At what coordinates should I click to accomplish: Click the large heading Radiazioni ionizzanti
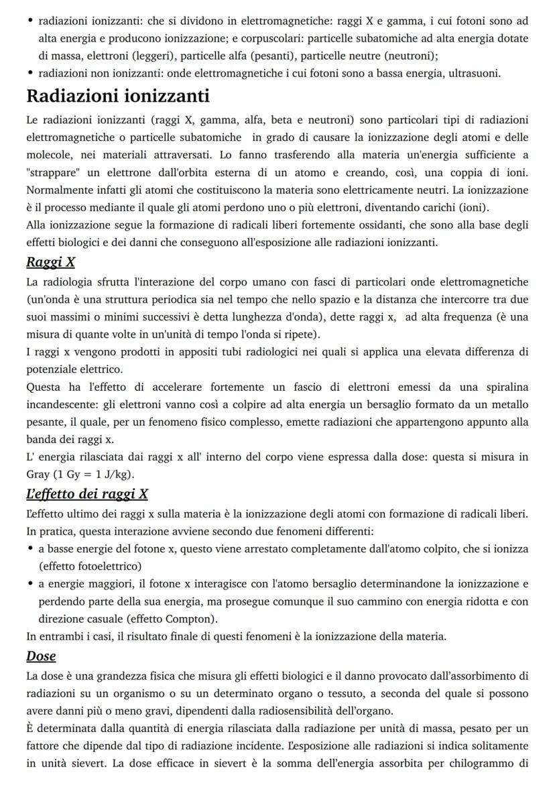coord(118,96)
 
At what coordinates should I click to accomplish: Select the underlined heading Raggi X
coord(50,262)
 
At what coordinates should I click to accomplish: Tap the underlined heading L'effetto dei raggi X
coord(87,495)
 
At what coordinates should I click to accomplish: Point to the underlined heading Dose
coord(41,656)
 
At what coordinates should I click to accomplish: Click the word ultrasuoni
coord(475,73)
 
